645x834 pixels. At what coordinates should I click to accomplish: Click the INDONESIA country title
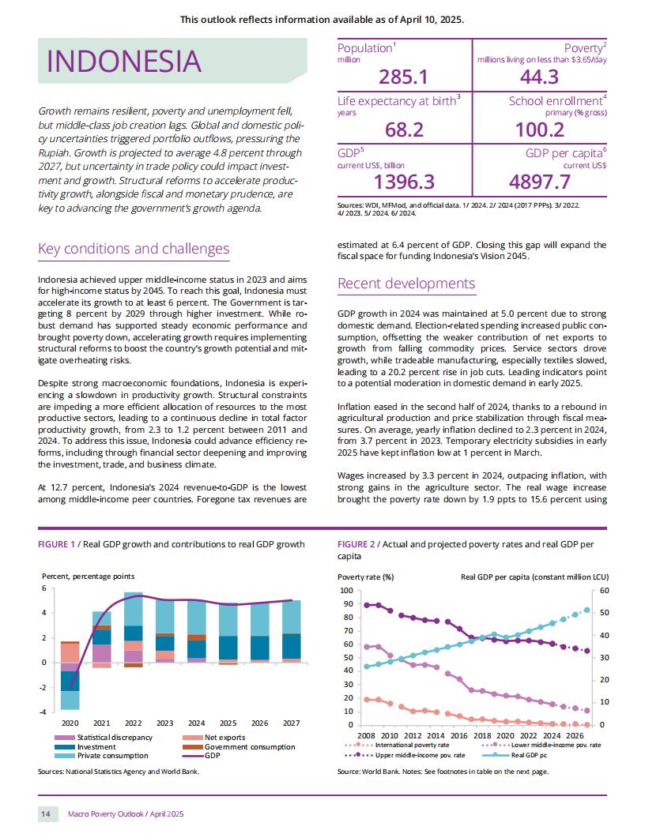point(124,61)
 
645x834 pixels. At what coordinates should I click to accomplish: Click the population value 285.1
point(403,77)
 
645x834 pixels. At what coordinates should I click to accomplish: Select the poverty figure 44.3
point(539,77)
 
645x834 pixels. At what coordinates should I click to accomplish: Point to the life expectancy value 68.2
point(404,130)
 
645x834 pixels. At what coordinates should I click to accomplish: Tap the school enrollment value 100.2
point(540,130)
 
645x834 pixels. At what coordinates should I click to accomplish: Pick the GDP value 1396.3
point(404,182)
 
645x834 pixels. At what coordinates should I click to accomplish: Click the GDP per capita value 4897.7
point(540,182)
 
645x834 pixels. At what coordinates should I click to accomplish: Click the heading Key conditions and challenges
point(134,249)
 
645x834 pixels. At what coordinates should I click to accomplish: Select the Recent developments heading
point(406,284)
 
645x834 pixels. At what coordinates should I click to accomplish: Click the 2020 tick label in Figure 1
point(70,723)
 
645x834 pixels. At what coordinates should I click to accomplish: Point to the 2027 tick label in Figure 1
point(291,723)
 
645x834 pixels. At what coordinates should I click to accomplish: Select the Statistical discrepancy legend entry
point(104,738)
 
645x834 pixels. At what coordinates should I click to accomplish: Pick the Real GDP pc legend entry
point(515,755)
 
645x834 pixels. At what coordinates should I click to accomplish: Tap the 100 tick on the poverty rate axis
point(346,591)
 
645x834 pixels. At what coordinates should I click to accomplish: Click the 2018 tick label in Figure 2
point(482,736)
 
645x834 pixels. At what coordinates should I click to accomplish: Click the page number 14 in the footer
point(46,814)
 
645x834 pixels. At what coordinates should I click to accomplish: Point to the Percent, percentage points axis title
point(89,577)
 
